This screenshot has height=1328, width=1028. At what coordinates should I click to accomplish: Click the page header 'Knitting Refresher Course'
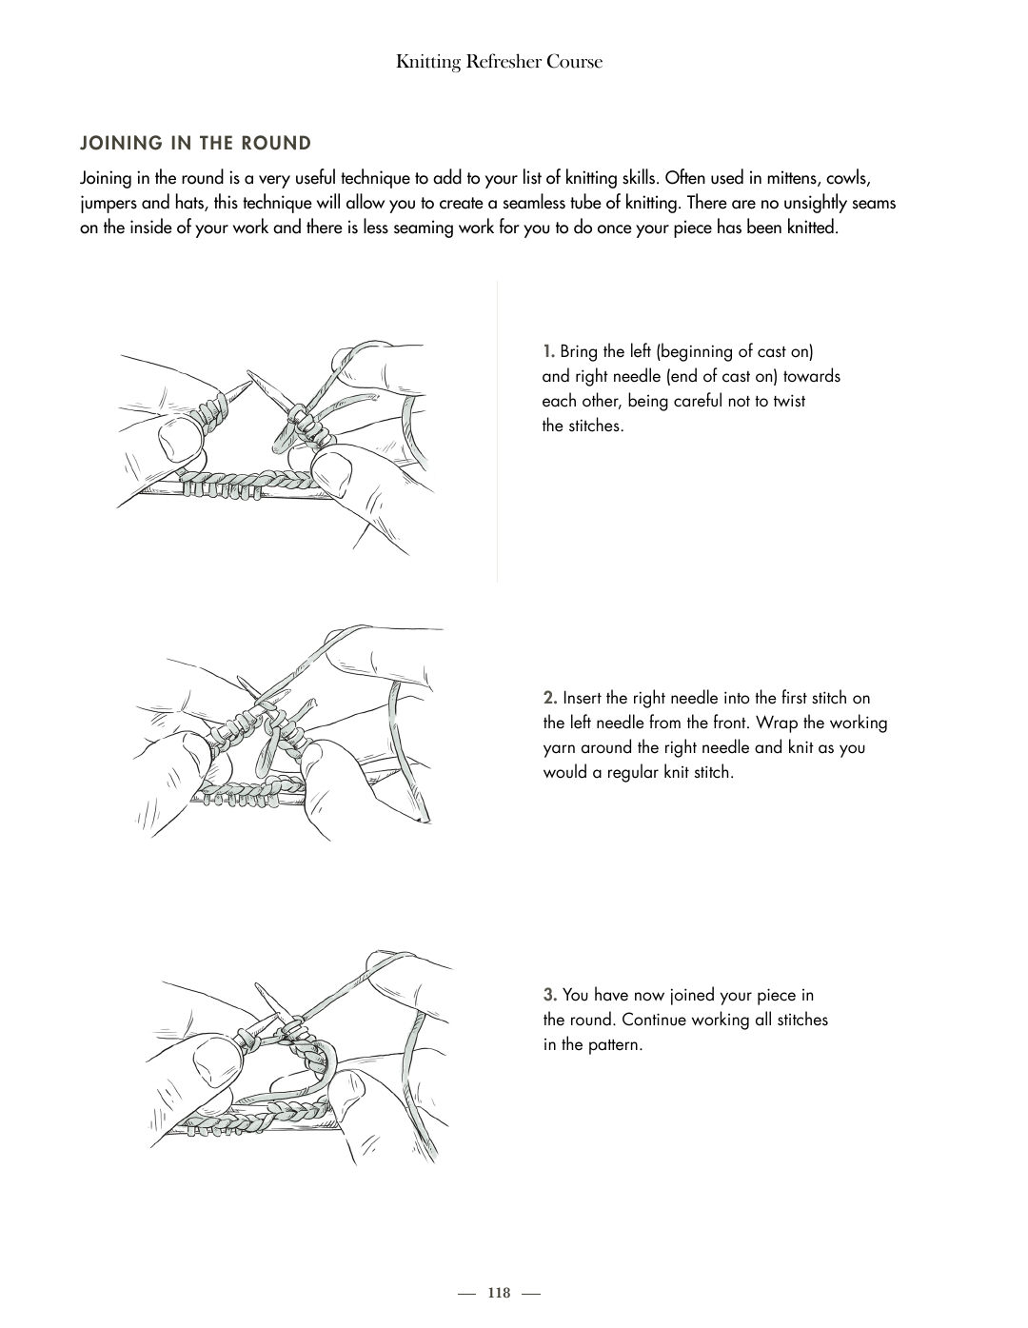pos(499,62)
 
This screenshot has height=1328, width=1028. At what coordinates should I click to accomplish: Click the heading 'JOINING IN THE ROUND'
pos(196,144)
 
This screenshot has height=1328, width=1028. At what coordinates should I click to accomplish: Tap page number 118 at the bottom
pos(499,1293)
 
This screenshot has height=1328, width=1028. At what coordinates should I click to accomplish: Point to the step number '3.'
pos(550,996)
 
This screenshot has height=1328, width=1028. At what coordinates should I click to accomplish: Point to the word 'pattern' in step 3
pos(614,1045)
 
